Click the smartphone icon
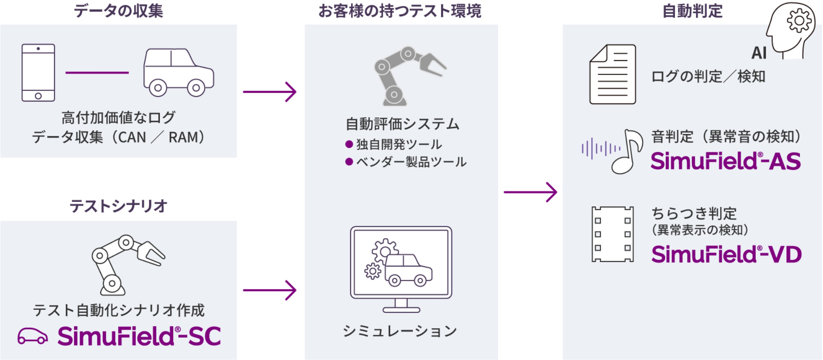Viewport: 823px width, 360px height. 38,72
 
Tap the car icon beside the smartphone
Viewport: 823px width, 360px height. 178,72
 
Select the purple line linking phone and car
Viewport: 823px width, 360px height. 97,72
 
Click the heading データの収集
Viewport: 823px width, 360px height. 118,11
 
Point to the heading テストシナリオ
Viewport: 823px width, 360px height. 118,206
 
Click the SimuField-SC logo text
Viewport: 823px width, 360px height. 139,336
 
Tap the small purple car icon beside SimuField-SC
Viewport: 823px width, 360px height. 33,336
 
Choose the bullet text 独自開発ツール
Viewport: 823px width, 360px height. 399,144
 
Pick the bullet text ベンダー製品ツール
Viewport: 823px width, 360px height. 411,162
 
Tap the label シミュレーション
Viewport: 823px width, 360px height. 400,331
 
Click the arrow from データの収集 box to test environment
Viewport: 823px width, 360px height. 270,92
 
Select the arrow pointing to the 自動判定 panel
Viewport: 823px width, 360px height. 530,192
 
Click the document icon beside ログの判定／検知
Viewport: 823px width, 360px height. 613,74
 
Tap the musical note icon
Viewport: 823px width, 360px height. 628,151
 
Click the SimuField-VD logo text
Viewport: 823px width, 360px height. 726,254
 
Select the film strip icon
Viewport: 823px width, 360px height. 613,234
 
